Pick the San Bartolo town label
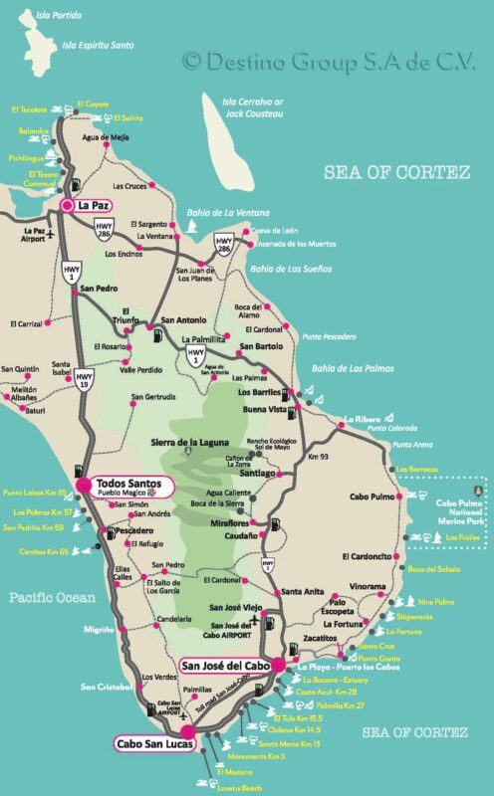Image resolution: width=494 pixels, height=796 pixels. point(261,347)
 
